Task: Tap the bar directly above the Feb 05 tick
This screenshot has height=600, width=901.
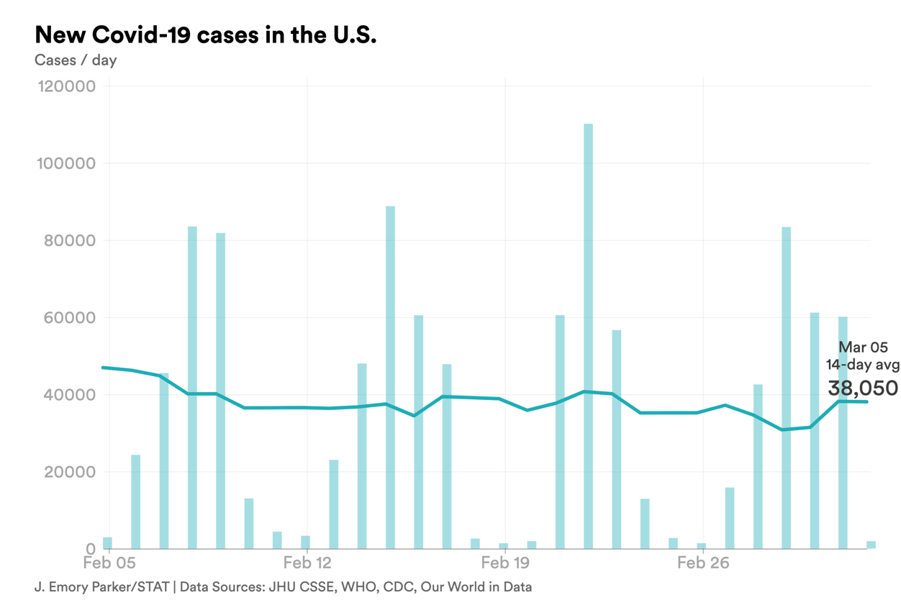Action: coord(107,543)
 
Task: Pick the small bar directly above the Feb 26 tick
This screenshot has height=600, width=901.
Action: coord(702,546)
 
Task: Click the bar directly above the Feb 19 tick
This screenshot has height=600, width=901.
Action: coord(504,546)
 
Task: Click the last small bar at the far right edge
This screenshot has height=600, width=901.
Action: coord(871,545)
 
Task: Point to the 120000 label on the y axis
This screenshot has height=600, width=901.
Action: coord(65,86)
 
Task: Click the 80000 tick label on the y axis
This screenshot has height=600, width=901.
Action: coord(69,240)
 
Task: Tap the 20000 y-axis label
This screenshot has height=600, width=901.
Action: coord(69,472)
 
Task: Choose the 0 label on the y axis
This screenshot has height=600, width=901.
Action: coord(90,549)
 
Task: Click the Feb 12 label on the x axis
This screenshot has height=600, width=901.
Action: coord(307,563)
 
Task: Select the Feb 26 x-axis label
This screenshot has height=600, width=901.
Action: coord(703,563)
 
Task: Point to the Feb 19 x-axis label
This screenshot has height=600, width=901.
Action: coord(505,563)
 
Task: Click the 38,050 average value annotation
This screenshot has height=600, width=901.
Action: coord(863,388)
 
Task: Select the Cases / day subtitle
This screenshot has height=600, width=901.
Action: coord(76,60)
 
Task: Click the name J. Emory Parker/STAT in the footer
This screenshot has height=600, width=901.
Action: coord(101,587)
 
